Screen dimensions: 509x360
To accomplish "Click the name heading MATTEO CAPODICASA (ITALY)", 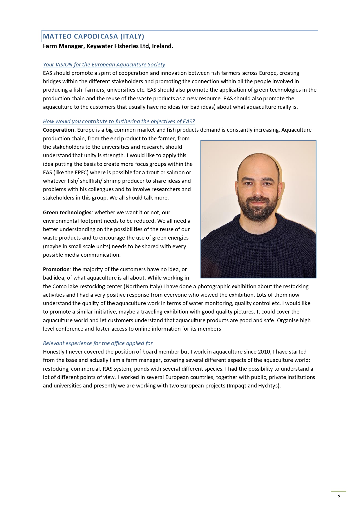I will tap(93, 36).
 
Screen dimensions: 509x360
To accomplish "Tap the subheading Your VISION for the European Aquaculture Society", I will tap(104, 64).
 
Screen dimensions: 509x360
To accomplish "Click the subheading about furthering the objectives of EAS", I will tap(119, 121).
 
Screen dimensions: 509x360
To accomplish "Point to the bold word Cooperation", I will tap(58, 130).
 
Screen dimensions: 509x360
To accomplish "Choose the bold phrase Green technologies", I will tap(67, 212).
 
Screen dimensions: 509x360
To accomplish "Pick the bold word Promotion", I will tap(56, 269).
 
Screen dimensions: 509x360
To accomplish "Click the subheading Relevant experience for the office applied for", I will tap(97, 343).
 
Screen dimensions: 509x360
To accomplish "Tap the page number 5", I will tap(339, 496).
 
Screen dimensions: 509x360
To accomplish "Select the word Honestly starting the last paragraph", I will tap(54, 352).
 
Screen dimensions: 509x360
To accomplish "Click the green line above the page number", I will tap(339, 491).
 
